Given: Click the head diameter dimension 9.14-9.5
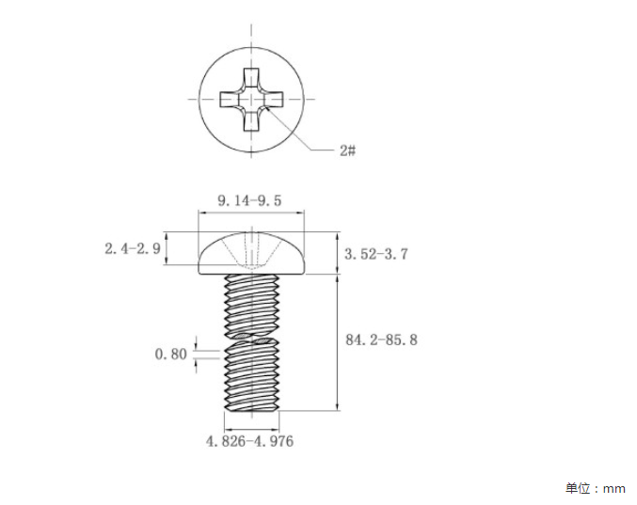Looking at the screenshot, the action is click(x=249, y=200).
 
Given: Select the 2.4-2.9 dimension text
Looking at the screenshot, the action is click(x=133, y=248).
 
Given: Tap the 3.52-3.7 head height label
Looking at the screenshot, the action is click(x=376, y=254).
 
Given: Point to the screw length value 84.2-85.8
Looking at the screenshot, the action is click(x=381, y=339).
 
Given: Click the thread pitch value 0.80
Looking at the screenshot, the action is click(x=170, y=354).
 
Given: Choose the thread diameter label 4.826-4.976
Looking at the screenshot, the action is click(x=249, y=441).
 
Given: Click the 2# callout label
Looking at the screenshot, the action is click(x=348, y=150).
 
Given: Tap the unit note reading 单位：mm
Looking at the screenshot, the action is click(x=596, y=488).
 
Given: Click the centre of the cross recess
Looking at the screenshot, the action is click(x=251, y=100).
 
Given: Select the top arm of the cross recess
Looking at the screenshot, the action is click(x=251, y=79).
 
